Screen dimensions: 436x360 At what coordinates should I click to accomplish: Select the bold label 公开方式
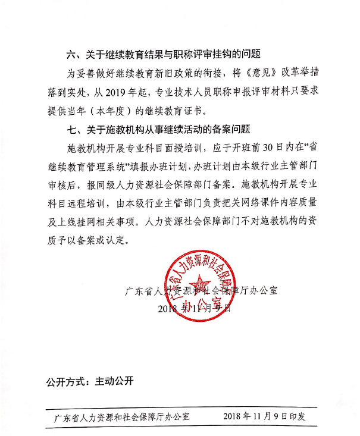tap(67, 381)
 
